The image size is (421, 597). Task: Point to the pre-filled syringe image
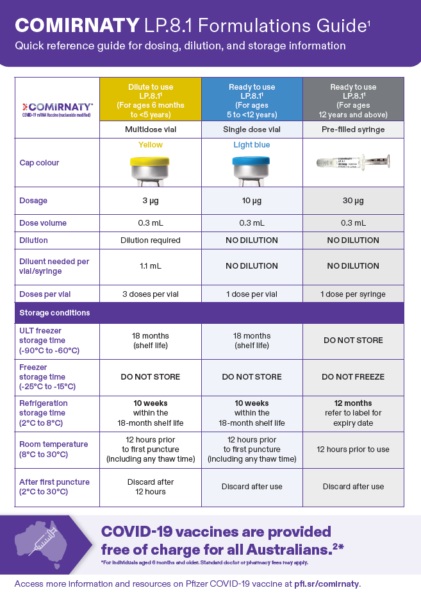pyautogui.click(x=353, y=162)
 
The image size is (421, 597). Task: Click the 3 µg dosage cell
pyautogui.click(x=150, y=201)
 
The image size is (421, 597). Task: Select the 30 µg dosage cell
pyautogui.click(x=353, y=201)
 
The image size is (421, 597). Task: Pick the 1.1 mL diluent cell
pyautogui.click(x=150, y=265)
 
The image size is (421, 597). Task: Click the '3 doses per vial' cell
pyautogui.click(x=150, y=294)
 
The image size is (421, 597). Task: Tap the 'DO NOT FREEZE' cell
pyautogui.click(x=353, y=377)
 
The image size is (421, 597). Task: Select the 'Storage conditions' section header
pyautogui.click(x=54, y=313)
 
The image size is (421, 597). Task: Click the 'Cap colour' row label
pyautogui.click(x=39, y=163)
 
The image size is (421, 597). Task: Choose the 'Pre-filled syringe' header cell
pyautogui.click(x=353, y=130)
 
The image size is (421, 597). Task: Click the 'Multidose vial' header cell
pyautogui.click(x=150, y=130)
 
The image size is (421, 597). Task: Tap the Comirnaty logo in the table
pyautogui.click(x=57, y=108)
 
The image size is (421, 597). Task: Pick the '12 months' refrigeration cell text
pyautogui.click(x=353, y=403)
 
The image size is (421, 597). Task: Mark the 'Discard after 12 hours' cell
pyautogui.click(x=150, y=487)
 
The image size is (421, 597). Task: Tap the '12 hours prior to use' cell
pyautogui.click(x=353, y=450)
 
